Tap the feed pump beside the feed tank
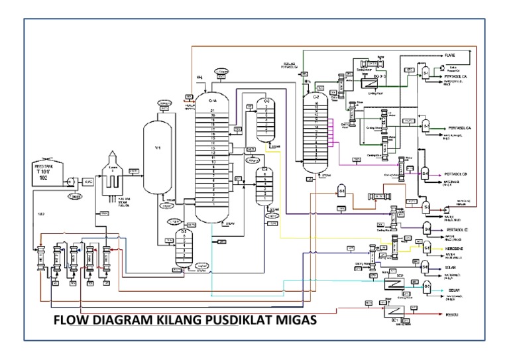click(x=69, y=180)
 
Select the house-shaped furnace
click(x=111, y=173)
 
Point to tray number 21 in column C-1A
click(x=213, y=110)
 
